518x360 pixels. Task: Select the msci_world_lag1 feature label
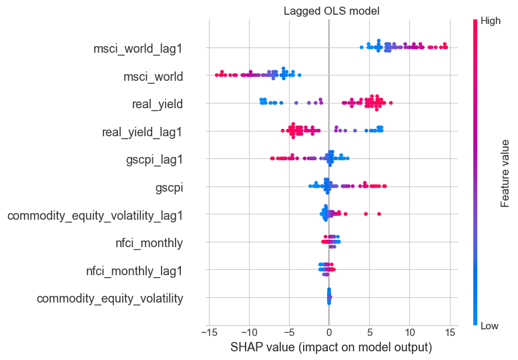(138, 48)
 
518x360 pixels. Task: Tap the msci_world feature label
(153, 76)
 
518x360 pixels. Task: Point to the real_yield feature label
(158, 104)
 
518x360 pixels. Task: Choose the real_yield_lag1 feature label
(142, 132)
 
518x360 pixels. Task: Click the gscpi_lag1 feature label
(154, 160)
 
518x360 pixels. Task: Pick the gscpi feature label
(169, 188)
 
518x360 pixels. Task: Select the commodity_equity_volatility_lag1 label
(95, 215)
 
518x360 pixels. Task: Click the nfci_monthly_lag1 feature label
(134, 271)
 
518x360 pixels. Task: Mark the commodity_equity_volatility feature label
(110, 299)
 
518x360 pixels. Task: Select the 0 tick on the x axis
(329, 333)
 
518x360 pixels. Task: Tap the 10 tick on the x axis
(409, 333)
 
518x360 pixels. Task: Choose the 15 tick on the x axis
(449, 333)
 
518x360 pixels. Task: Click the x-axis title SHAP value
(331, 348)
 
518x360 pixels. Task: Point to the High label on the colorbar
(491, 21)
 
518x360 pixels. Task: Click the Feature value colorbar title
(506, 172)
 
